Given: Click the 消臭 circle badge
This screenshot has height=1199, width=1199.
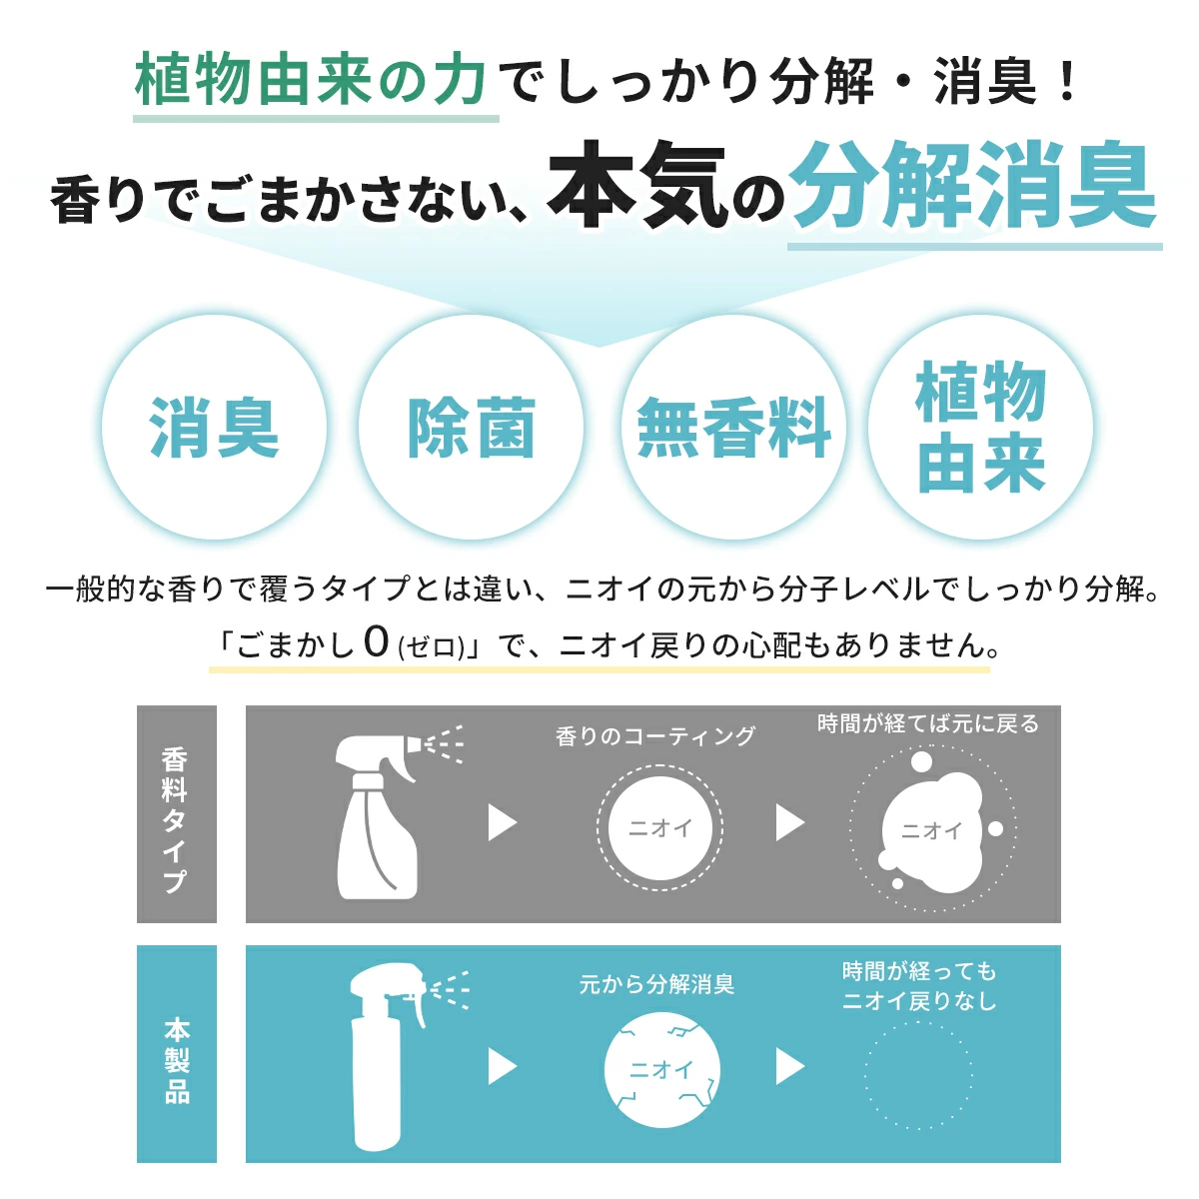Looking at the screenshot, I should click(x=214, y=428).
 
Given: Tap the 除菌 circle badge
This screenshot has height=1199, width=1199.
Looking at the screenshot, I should click(x=471, y=428).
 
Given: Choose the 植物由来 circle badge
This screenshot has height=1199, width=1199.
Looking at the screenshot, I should click(x=980, y=428).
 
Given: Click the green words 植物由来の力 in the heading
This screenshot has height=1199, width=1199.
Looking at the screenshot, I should click(x=312, y=80).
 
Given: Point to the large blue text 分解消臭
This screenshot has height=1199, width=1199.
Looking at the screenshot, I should click(x=974, y=188).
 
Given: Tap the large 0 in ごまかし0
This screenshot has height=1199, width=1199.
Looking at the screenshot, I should click(x=376, y=641).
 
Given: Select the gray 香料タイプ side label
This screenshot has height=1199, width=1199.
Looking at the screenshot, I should click(x=176, y=815).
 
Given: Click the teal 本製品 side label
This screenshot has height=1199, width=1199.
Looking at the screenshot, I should click(x=176, y=1055).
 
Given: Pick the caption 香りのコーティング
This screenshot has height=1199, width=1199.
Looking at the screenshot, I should click(x=655, y=736).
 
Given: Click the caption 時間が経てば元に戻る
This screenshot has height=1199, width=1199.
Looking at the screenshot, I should click(x=928, y=723).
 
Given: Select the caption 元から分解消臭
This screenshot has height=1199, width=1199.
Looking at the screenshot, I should click(x=656, y=984).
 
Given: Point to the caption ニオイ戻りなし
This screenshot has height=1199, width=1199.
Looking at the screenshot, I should click(x=919, y=1001).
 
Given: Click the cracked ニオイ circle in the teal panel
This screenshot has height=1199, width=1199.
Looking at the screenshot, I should click(x=661, y=1070).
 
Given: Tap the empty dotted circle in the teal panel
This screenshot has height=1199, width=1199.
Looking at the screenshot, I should click(x=917, y=1074).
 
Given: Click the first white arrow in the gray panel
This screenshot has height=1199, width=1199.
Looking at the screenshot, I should click(x=502, y=823).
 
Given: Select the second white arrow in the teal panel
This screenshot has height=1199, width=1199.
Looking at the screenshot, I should click(x=789, y=1067).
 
